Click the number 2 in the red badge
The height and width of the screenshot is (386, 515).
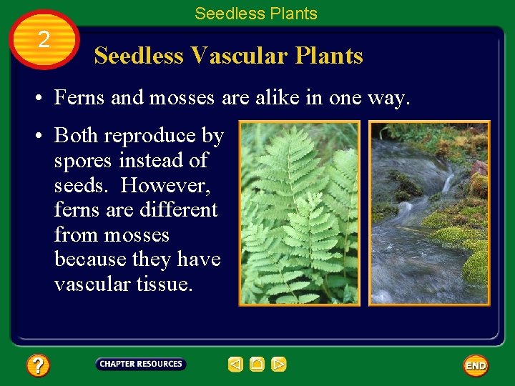click(x=44, y=40)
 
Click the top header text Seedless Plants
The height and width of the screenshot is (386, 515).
click(x=255, y=13)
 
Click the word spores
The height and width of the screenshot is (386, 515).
click(x=84, y=161)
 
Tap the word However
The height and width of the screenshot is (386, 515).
click(x=170, y=185)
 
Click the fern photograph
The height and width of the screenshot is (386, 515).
click(x=299, y=213)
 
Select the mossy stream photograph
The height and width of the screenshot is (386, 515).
click(x=429, y=213)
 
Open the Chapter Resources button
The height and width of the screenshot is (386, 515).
click(x=141, y=364)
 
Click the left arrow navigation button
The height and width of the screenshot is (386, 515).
click(x=235, y=365)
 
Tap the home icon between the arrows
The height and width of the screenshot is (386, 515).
click(x=257, y=365)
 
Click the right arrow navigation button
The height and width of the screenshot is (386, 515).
click(x=279, y=365)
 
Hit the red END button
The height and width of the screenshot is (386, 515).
click(x=476, y=365)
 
